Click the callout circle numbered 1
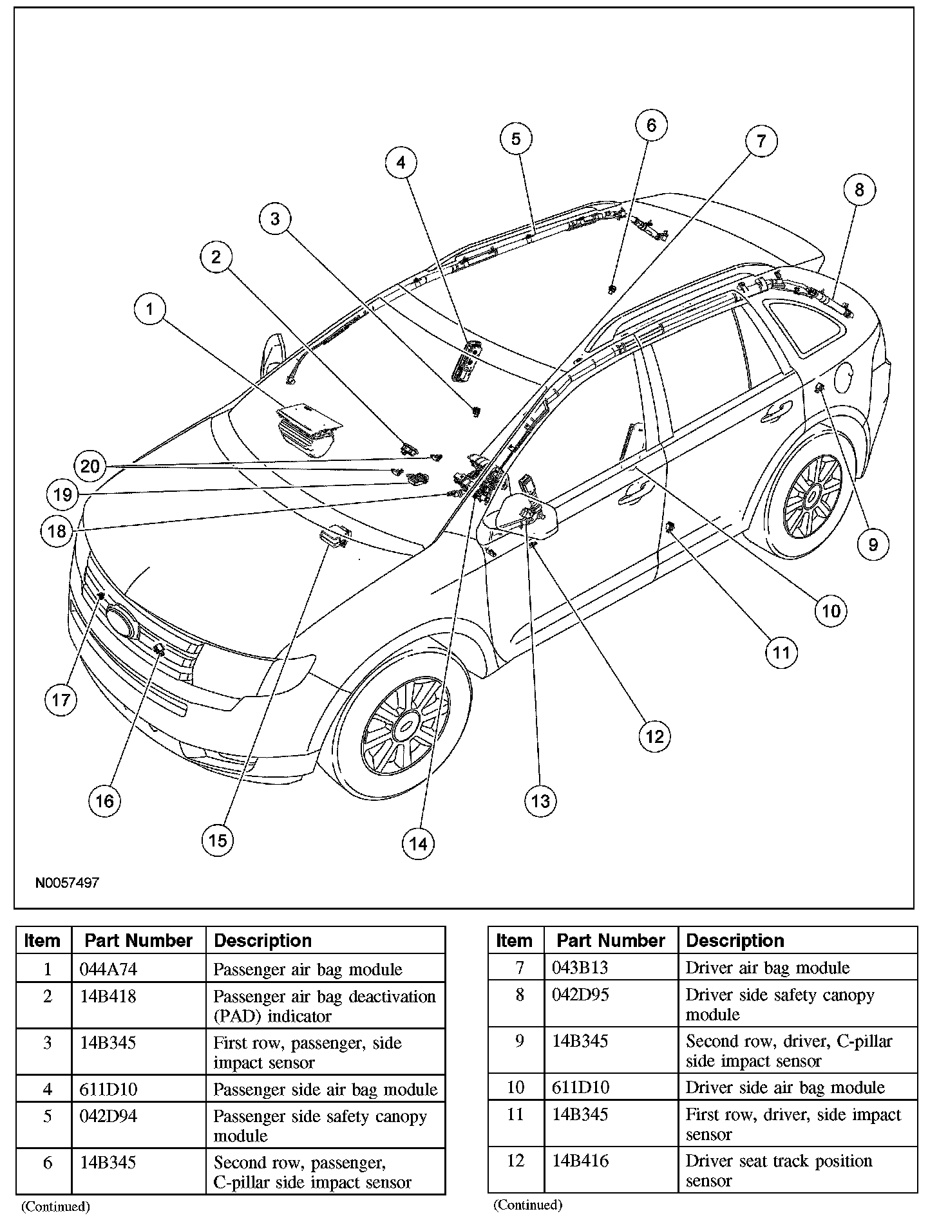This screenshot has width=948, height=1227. coord(149,310)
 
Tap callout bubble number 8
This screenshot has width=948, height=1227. coord(859,190)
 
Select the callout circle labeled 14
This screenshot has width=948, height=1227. coord(418,843)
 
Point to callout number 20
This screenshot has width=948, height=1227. coord(90,465)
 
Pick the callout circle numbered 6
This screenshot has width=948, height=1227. coord(650,125)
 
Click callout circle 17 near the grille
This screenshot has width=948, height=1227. coord(61,699)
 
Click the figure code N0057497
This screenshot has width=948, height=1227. coord(67,882)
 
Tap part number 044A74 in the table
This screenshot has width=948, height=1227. coord(109,969)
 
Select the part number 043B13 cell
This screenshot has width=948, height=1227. coord(580,968)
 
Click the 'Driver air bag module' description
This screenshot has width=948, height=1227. coord(767,968)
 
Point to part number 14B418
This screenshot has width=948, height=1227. coord(108,997)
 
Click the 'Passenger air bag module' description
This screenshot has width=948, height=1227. coord(308,969)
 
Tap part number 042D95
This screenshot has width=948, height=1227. coord(580,995)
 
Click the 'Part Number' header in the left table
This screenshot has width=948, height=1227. coord(138,941)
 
